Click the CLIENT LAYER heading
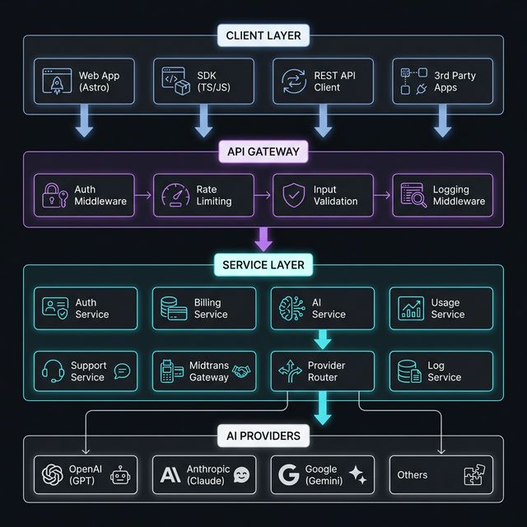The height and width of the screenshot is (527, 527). (263, 35)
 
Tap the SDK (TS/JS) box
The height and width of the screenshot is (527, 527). (204, 82)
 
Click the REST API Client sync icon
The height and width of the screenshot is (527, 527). (294, 82)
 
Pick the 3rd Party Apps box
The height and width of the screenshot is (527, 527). (441, 82)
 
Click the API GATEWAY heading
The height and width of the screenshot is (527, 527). (263, 152)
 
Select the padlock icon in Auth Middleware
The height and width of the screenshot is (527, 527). (53, 196)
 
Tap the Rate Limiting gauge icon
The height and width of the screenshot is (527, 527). (175, 196)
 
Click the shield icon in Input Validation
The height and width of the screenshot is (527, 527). (294, 196)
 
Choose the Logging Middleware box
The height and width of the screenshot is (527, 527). (441, 196)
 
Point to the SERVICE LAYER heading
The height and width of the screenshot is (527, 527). (263, 265)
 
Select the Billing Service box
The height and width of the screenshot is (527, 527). (204, 309)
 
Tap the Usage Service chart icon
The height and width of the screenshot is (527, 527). (411, 309)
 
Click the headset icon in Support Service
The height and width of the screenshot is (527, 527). (54, 371)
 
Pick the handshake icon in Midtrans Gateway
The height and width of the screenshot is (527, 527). (241, 372)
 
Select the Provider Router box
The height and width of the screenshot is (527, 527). (323, 371)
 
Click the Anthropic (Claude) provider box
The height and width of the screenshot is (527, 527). (204, 475)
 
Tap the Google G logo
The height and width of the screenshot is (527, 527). (288, 475)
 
